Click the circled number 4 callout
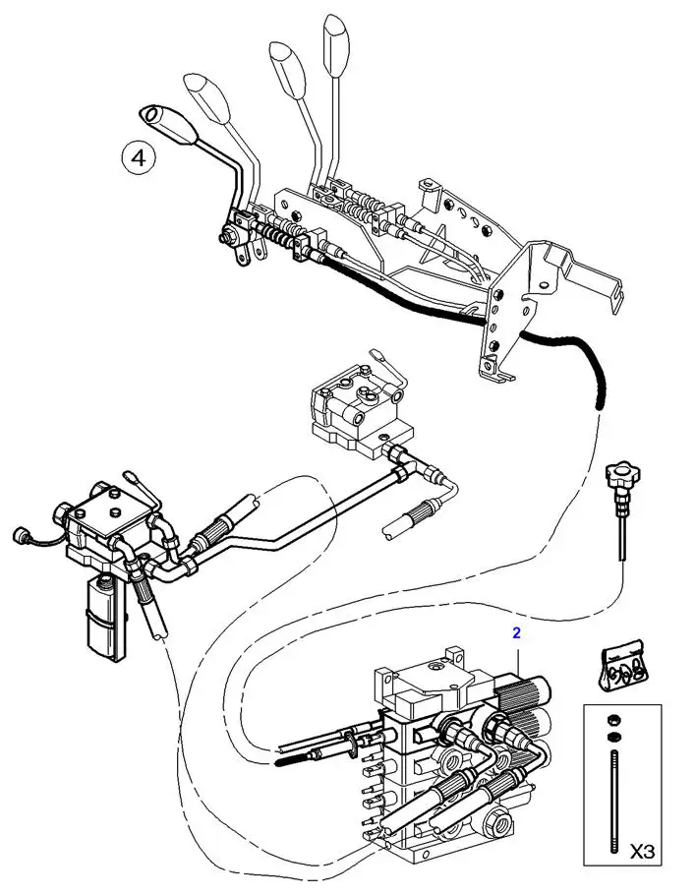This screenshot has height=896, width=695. click(x=139, y=158)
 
